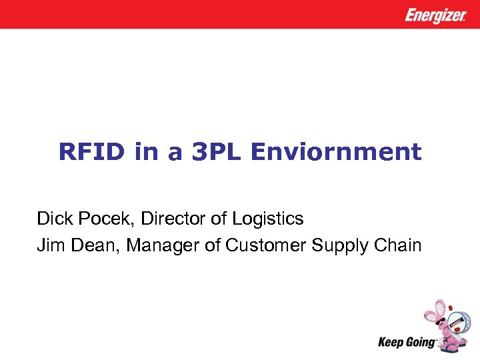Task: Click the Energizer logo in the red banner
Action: (x=436, y=15)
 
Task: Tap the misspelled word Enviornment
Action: (x=335, y=153)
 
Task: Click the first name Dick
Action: (x=52, y=218)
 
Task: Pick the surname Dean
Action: (x=93, y=245)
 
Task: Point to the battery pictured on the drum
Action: (x=457, y=324)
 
